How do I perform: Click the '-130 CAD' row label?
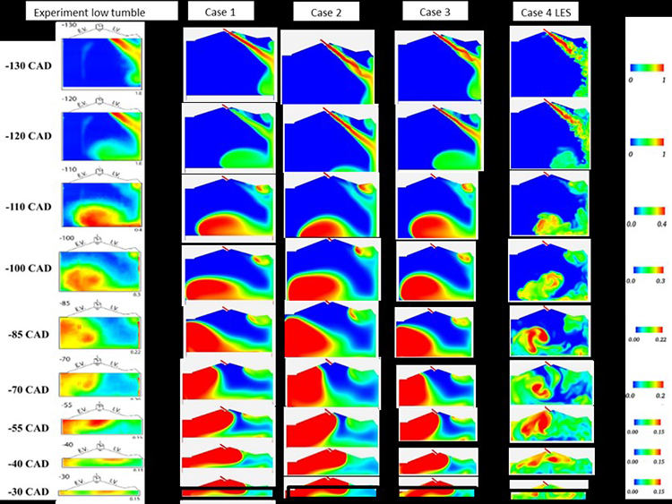28,66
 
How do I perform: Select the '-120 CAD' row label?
28,136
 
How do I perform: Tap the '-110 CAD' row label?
28,207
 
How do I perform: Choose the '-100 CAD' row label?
28,269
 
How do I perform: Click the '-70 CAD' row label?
28,389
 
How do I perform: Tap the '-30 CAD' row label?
28,491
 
